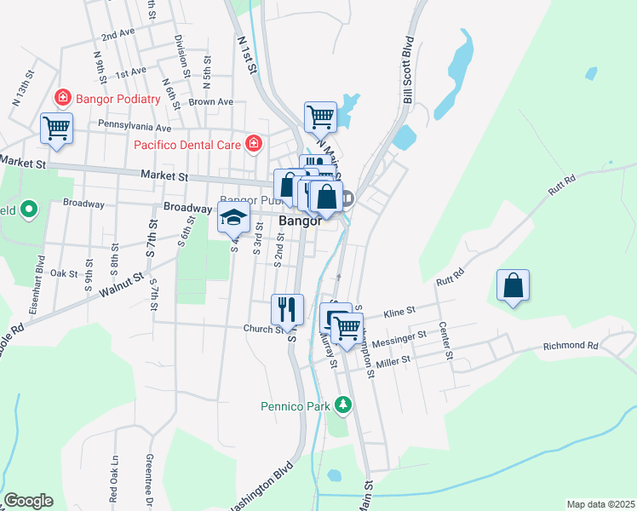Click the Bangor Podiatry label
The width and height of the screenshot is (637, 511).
(118, 99)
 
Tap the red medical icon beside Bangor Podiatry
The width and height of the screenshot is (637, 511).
(62, 98)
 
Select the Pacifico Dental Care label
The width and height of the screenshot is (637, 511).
(187, 145)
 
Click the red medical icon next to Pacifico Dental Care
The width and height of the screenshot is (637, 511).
(253, 143)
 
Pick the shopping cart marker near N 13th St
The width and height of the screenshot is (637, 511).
(56, 129)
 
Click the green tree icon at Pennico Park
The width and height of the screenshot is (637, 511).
(342, 404)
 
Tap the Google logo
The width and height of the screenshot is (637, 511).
(28, 501)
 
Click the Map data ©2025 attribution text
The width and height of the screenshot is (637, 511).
(600, 504)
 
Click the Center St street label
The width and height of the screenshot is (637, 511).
(444, 329)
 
